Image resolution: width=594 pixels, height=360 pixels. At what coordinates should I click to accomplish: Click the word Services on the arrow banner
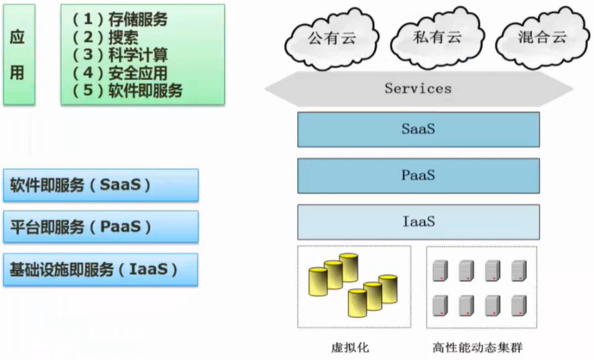click(x=418, y=88)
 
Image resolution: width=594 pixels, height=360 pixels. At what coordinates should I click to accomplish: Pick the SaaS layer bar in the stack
click(x=418, y=129)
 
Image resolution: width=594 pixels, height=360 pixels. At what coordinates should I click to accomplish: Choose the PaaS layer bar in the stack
click(x=418, y=175)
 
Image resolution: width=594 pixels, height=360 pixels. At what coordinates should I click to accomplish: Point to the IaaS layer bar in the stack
click(x=418, y=221)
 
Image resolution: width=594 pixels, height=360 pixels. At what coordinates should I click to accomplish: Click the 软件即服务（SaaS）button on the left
click(x=101, y=185)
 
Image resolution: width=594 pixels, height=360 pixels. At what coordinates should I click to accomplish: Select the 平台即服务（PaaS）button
click(x=101, y=227)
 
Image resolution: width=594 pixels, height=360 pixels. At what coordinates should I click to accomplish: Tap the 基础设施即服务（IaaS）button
click(x=101, y=269)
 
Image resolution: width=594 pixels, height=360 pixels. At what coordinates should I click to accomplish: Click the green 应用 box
click(x=18, y=55)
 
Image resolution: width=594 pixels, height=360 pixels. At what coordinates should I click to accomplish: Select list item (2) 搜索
click(x=105, y=38)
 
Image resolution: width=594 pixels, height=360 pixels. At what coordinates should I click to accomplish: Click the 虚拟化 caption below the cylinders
click(x=350, y=347)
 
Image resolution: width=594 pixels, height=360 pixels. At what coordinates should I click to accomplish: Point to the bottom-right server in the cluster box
click(x=518, y=305)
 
